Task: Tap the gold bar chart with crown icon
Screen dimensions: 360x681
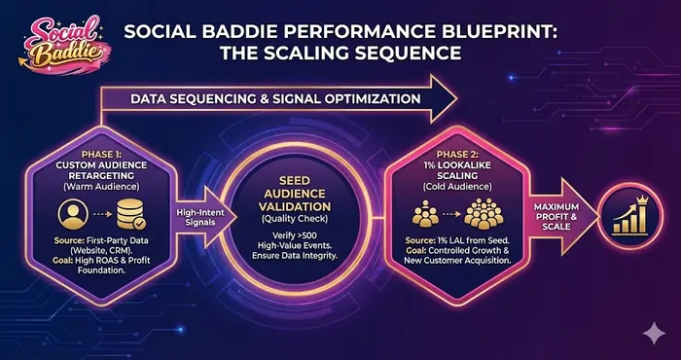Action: coord(629,220)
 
